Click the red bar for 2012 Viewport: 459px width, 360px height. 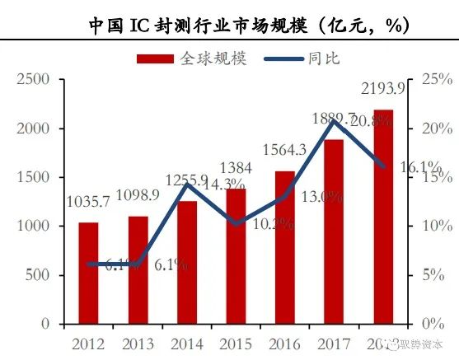click(x=89, y=273)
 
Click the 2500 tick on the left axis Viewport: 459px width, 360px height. click(x=33, y=79)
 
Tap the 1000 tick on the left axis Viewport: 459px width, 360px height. click(x=33, y=226)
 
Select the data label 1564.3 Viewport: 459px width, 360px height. click(x=283, y=149)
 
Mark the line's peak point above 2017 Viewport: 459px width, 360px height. click(x=332, y=122)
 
